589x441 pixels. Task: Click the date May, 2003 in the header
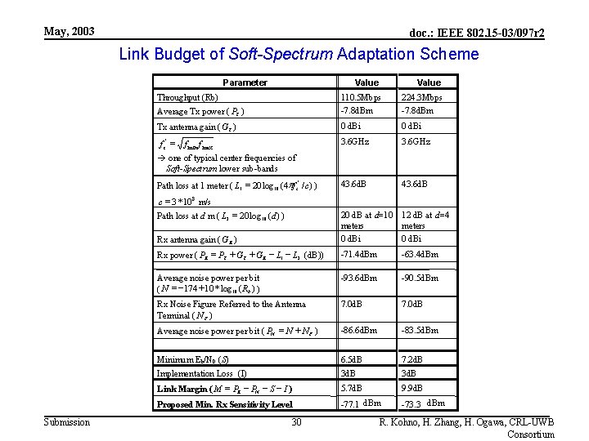point(69,32)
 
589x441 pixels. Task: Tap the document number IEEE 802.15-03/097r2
point(477,33)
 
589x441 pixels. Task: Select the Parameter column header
point(245,82)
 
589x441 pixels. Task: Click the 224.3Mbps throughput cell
point(421,97)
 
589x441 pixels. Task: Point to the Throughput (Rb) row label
point(187,97)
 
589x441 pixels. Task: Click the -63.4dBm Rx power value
point(420,255)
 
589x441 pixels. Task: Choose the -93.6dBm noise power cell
point(358,278)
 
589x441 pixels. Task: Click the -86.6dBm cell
point(358,330)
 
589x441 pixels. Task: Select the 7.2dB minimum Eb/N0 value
point(414,358)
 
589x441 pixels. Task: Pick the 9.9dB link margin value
point(414,387)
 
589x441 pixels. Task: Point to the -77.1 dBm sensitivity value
point(361,403)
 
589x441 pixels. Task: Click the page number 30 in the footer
point(297,422)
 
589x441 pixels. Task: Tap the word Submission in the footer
point(66,422)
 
